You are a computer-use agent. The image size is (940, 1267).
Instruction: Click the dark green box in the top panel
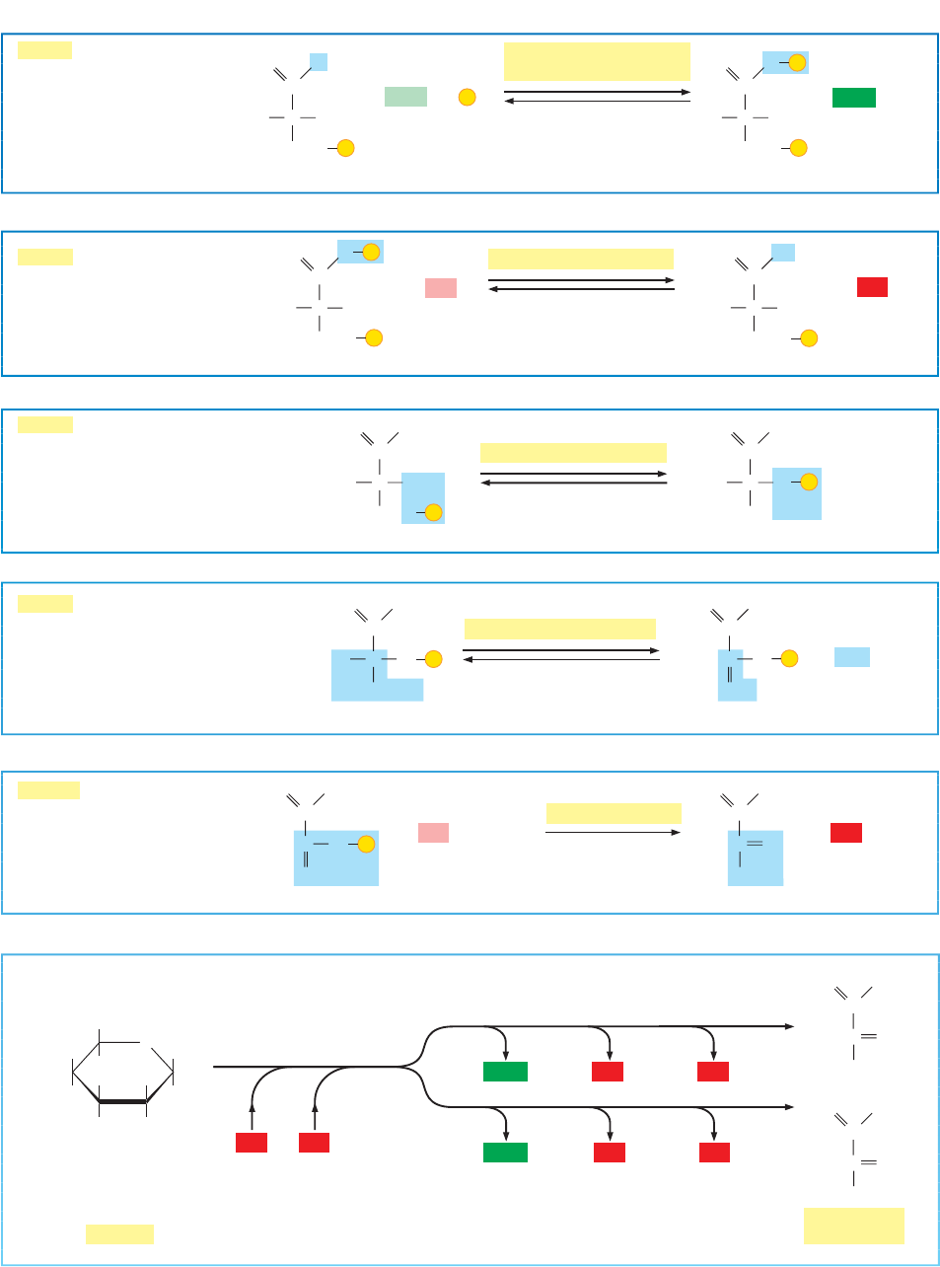point(853,98)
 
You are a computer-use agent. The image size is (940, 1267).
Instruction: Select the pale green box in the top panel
point(405,97)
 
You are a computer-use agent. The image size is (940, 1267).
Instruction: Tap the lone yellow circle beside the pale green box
point(468,97)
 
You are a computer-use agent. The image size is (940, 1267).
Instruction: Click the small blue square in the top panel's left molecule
point(318,62)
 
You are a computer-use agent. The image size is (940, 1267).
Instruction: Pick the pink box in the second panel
point(440,287)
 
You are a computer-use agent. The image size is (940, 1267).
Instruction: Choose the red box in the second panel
point(872,287)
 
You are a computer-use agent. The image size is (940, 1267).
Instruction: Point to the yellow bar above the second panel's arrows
point(580,260)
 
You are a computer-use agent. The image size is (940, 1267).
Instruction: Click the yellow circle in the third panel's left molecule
point(433,511)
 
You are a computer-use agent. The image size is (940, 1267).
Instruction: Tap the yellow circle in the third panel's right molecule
point(809,482)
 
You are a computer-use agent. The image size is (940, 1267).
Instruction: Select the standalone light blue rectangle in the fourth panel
point(851,657)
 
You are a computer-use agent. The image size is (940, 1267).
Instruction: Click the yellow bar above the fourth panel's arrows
point(559,629)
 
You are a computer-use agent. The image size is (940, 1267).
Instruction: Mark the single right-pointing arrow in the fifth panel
point(613,832)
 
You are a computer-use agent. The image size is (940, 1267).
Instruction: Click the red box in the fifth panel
point(845,833)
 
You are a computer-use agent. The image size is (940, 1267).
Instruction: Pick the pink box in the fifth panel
point(433,833)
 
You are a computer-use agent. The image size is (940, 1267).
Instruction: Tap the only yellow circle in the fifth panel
point(366,844)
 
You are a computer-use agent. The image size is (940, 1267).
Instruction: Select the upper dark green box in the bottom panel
point(505,1072)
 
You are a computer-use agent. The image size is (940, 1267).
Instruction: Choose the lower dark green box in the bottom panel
point(505,1152)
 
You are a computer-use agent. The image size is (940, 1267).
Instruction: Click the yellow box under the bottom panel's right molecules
point(853,1226)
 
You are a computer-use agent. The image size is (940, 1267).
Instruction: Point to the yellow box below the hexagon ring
point(119,1233)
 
